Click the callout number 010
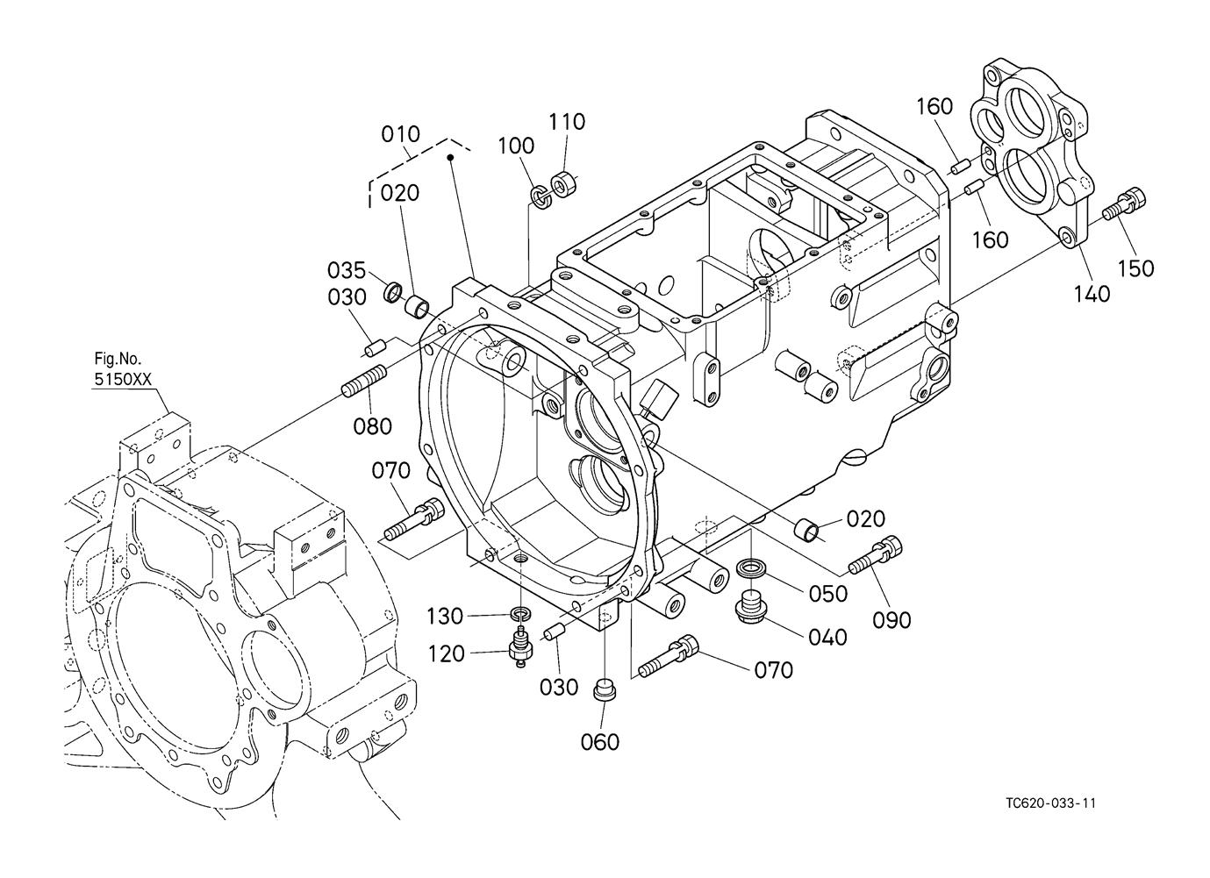[400, 134]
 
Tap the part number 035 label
[347, 270]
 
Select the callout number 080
[372, 426]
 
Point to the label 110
[567, 122]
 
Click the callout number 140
[1092, 295]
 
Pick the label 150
[1136, 268]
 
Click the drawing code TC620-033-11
[1050, 818]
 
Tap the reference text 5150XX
[123, 379]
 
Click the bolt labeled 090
[875, 554]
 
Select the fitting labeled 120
[520, 647]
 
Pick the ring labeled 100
[541, 196]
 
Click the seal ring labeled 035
[393, 292]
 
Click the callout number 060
[599, 742]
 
